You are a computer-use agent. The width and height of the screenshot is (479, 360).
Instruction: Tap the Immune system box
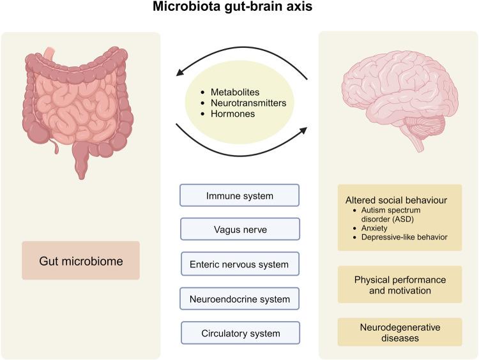(x=240, y=195)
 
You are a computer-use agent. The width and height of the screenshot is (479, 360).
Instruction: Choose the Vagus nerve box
(x=240, y=229)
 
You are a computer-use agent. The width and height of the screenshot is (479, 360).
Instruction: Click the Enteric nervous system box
(x=240, y=264)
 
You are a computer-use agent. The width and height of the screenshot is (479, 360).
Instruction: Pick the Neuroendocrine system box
(x=240, y=298)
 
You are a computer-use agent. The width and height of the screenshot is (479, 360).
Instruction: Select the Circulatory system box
(x=240, y=333)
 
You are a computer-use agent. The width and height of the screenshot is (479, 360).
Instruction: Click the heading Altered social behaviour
(x=400, y=200)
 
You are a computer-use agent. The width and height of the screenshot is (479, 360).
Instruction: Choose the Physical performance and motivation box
(x=400, y=285)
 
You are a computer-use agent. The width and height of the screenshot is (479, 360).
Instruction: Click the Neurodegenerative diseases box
(x=400, y=333)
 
